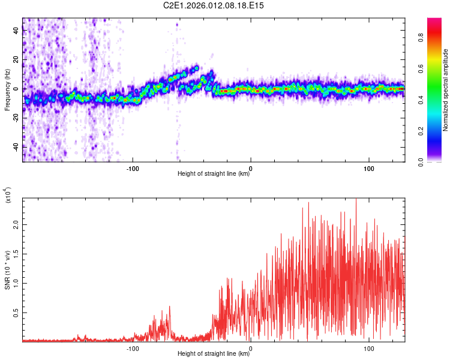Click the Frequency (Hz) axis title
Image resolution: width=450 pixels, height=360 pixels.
click(x=7, y=90)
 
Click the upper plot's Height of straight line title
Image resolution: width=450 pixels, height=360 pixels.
click(x=214, y=174)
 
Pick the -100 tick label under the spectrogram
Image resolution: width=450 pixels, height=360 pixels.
click(x=133, y=167)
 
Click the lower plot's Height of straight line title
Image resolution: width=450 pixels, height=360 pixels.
click(x=214, y=355)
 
